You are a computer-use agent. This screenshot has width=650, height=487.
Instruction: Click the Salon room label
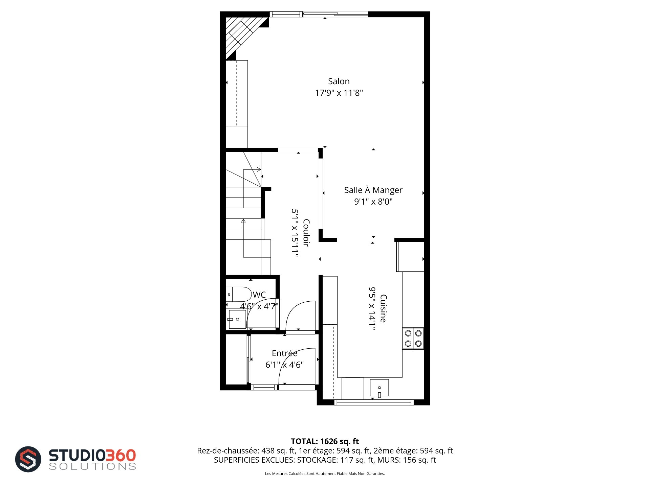339,81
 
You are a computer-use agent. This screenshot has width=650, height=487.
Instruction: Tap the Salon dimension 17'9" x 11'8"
339,93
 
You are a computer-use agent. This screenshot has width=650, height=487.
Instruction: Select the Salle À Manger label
373,190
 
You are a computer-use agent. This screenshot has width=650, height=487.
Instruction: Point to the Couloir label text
306,233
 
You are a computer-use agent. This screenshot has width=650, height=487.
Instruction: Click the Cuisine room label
383,308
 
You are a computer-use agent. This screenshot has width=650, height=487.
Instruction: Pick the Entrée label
284,353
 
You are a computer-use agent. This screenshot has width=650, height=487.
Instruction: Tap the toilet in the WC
239,294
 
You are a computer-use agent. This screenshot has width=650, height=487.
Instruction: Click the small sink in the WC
237,319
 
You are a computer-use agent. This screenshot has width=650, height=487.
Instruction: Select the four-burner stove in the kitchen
413,338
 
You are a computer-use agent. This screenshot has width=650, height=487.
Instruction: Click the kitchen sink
379,388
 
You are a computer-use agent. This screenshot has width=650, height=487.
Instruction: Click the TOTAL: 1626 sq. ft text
325,441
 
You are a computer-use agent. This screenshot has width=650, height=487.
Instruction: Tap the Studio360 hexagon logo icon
28,459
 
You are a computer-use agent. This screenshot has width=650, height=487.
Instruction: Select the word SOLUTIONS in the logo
92,466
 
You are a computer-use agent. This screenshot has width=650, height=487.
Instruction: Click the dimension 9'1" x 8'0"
373,202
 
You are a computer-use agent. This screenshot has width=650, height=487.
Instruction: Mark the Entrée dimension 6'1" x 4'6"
284,365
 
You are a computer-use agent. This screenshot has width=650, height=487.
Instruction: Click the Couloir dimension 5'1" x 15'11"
295,233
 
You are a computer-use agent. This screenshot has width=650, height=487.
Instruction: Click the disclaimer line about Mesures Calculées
325,473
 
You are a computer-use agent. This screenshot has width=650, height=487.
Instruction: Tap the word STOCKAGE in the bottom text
317,460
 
